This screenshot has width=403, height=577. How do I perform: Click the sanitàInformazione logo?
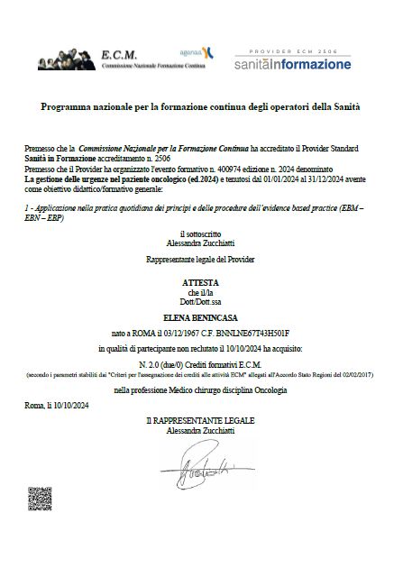pyautogui.click(x=292, y=65)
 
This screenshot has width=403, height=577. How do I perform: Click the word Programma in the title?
pyautogui.click(x=67, y=107)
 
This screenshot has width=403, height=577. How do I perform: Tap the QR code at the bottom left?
pyautogui.click(x=41, y=498)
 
